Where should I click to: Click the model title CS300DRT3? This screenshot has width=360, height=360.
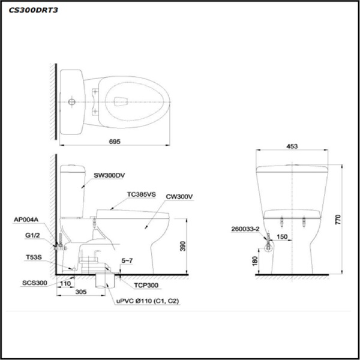tap(34, 10)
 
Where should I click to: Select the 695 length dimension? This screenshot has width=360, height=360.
tap(115, 142)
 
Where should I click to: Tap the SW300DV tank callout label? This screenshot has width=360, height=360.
tap(109, 176)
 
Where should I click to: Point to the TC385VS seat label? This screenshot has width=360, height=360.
tap(142, 194)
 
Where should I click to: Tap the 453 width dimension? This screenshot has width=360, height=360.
tap(292, 145)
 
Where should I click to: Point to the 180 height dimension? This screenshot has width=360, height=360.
tap(255, 260)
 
